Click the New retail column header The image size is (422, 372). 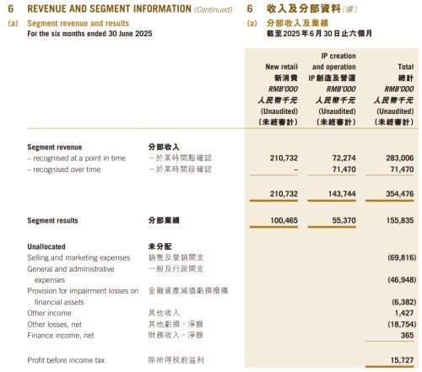pos(283,66)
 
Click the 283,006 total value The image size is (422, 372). pos(398,158)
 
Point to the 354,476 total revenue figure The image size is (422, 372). pos(398,194)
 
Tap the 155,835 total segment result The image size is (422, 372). pos(398,221)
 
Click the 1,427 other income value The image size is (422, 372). pos(403,312)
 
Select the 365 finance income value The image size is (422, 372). pos(408,335)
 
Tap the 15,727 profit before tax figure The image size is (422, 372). pos(401,361)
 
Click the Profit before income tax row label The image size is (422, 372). pos(66,361)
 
